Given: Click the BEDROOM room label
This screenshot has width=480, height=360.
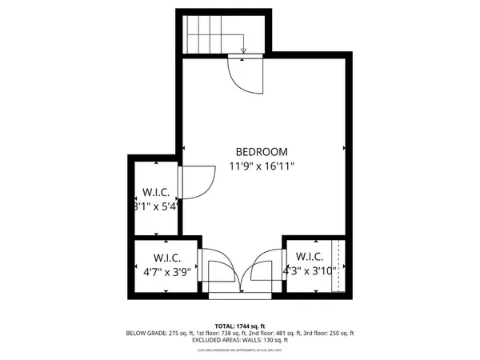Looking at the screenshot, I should click(262, 151).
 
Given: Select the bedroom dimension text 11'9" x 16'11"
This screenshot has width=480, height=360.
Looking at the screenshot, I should click(262, 166).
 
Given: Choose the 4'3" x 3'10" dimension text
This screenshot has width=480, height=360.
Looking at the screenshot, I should click(309, 272).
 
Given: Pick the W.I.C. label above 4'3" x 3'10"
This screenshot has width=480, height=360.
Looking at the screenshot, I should click(309, 257).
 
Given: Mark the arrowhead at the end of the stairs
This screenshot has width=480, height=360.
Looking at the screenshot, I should click(243, 51).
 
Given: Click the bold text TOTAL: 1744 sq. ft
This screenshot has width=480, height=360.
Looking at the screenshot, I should click(239, 326).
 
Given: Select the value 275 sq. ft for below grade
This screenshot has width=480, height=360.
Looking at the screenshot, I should click(181, 333).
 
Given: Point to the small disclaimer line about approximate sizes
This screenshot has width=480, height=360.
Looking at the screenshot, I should click(239, 350).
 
